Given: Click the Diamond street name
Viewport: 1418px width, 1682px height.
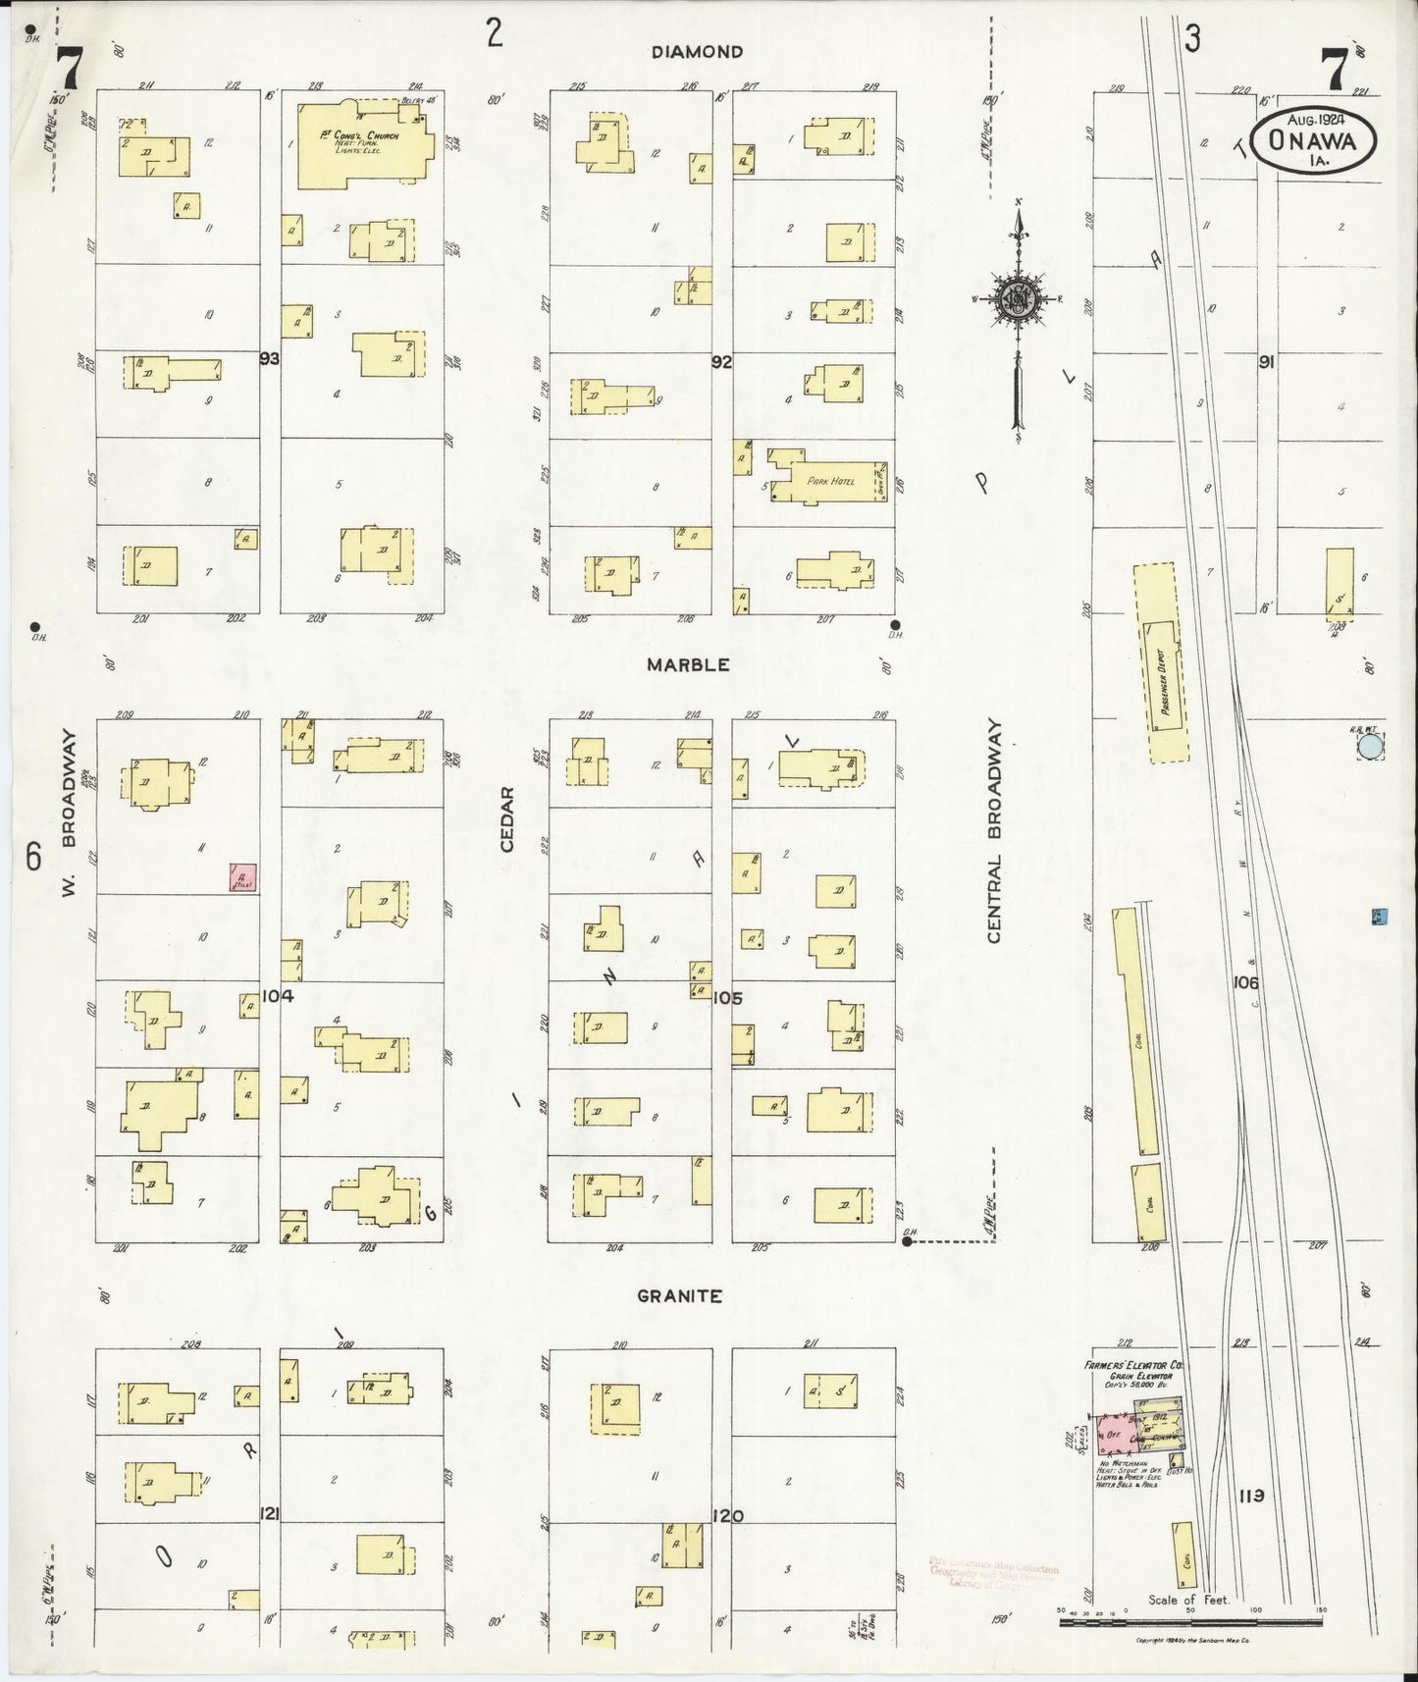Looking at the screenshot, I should pyautogui.click(x=698, y=52).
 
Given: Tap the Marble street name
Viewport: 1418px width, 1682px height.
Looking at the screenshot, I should pyautogui.click(x=688, y=664).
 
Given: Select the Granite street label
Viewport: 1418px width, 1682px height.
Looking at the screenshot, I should pyautogui.click(x=680, y=1295).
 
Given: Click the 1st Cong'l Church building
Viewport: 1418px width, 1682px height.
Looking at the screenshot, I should pyautogui.click(x=364, y=143).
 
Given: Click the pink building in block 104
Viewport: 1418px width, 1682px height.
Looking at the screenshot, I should pyautogui.click(x=242, y=877).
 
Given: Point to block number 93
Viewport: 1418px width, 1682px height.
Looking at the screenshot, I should pyautogui.click(x=270, y=359).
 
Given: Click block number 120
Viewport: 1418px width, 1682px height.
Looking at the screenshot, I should pyautogui.click(x=727, y=1516).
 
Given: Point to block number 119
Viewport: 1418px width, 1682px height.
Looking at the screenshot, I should pyautogui.click(x=1250, y=1497).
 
